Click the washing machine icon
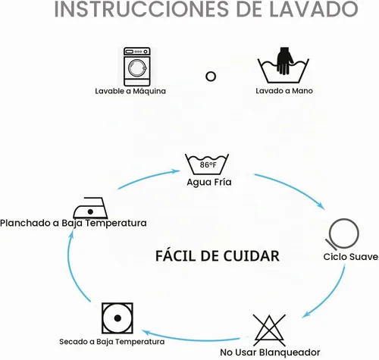tap(137, 67)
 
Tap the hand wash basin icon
tap(283, 65)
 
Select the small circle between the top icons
tap(211, 77)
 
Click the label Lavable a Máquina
tap(130, 91)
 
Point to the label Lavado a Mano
tap(284, 91)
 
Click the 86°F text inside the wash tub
tap(208, 164)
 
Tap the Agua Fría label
tap(209, 182)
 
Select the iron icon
tap(90, 208)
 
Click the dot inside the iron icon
tap(90, 211)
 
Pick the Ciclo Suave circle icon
tap(343, 233)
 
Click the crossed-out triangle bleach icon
tap(269, 330)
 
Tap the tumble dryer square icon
tap(117, 318)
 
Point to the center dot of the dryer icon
tap(117, 318)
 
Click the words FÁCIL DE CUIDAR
tap(218, 255)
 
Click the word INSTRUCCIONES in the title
tap(141, 9)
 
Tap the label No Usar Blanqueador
tap(270, 352)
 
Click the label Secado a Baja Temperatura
tap(111, 342)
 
